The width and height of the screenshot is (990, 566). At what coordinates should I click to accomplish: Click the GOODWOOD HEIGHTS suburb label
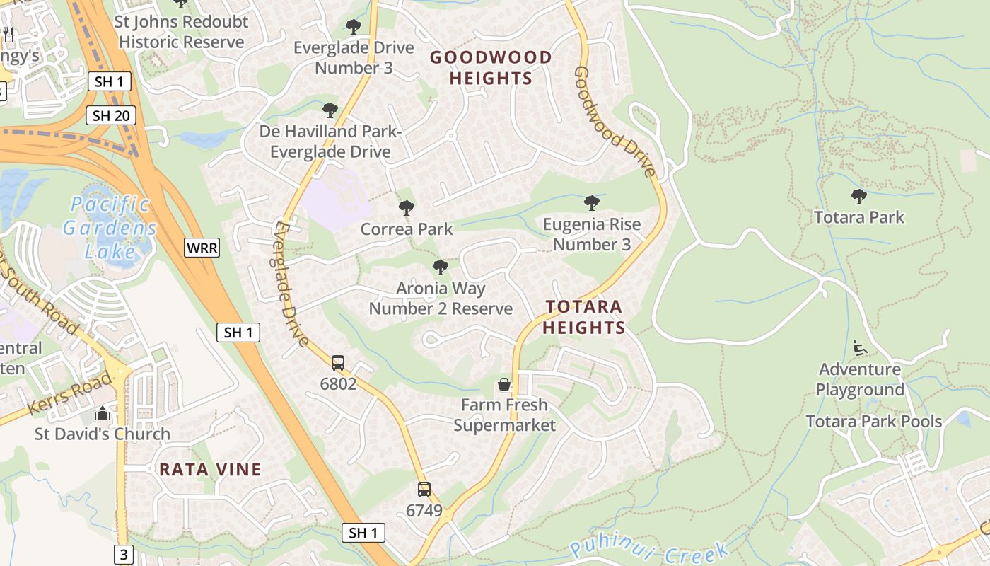[491, 68]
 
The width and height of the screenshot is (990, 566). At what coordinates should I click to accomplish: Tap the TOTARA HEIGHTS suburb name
[584, 317]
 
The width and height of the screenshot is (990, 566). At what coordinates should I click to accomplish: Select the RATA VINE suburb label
[210, 469]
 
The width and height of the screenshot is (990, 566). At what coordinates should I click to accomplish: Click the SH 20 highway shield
[111, 115]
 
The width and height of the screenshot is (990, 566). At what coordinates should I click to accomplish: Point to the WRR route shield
[202, 248]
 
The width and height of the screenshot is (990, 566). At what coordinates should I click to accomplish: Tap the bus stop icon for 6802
[338, 363]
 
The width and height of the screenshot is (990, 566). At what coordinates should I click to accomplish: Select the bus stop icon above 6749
[424, 489]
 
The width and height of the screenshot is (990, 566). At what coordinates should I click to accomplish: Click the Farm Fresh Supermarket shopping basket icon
[504, 384]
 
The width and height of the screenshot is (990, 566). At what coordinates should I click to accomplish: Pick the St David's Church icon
[103, 413]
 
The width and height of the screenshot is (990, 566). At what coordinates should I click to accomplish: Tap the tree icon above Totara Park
[859, 196]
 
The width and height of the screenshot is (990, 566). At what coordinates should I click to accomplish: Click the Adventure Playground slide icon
[860, 347]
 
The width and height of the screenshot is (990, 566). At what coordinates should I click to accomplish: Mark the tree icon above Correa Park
[406, 208]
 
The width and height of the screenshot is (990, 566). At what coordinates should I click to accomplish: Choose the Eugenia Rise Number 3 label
[592, 234]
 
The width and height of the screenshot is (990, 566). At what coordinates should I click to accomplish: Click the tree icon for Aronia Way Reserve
[440, 267]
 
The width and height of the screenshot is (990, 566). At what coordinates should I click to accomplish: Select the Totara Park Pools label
[874, 422]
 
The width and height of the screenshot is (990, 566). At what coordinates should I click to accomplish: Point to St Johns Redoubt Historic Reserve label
[182, 32]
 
